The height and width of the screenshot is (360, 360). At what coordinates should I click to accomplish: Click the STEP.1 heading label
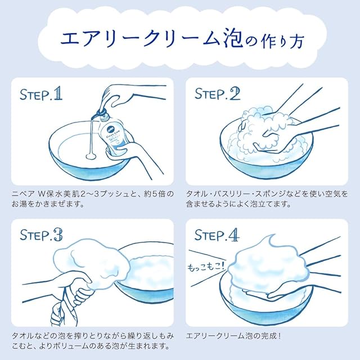[41, 94]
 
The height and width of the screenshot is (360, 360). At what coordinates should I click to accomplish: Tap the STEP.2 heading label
[217, 94]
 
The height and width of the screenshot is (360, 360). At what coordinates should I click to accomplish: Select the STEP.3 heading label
[41, 235]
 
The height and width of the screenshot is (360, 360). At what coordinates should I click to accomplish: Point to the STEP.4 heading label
[217, 235]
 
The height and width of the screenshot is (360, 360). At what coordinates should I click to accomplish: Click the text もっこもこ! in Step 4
[206, 267]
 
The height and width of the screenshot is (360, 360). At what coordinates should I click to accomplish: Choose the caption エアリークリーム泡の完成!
[233, 336]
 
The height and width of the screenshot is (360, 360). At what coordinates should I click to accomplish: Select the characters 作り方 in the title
[282, 41]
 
